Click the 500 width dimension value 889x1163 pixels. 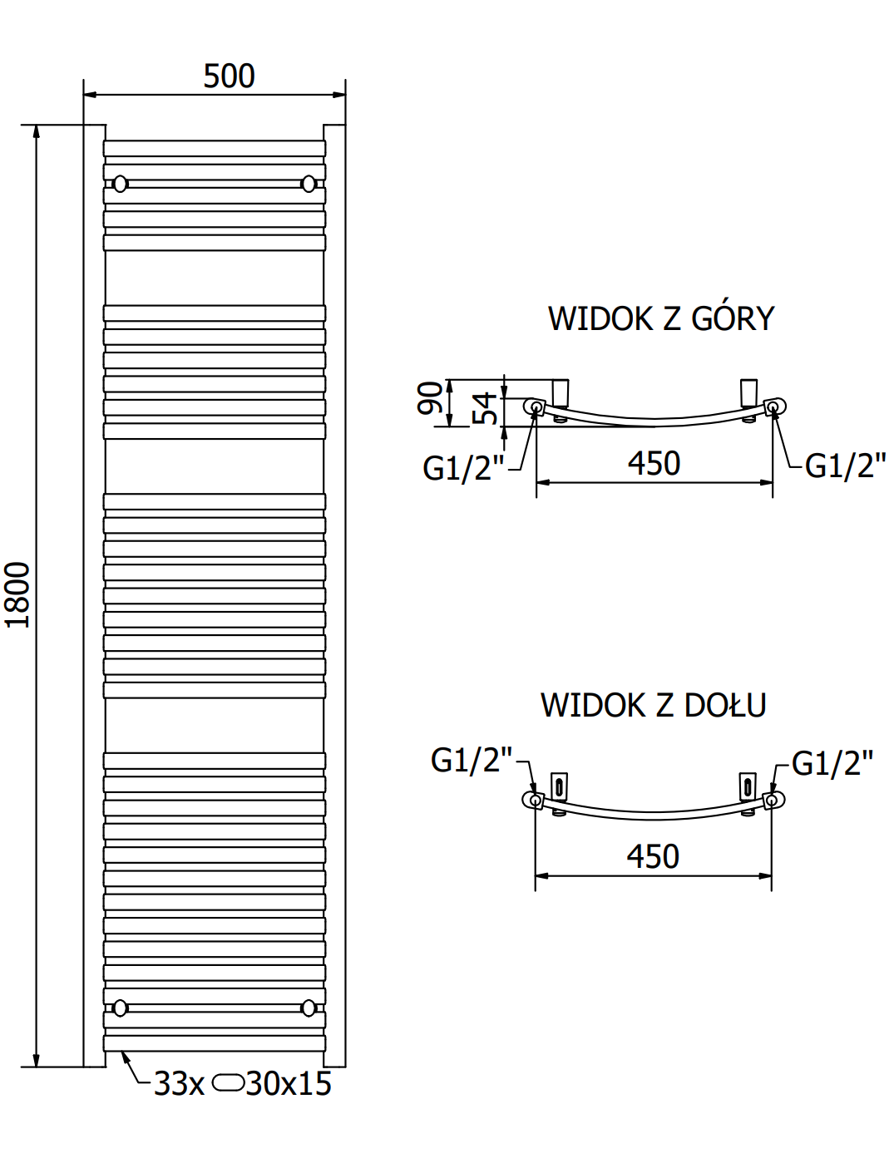click(229, 76)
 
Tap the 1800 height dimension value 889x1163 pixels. click(17, 594)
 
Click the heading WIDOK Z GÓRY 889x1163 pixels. click(660, 319)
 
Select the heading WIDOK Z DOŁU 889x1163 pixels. click(653, 706)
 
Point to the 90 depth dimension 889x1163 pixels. click(430, 398)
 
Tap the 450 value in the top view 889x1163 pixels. click(654, 464)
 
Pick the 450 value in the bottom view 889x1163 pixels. click(653, 857)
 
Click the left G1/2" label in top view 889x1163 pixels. click(462, 468)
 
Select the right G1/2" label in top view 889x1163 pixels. click(845, 466)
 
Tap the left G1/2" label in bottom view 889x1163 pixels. click(471, 760)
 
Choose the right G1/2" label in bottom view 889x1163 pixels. click(832, 763)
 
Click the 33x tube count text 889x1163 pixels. click(179, 1084)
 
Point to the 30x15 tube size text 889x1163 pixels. click(289, 1084)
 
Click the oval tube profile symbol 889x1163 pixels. click(228, 1083)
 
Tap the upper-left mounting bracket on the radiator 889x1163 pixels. click(121, 184)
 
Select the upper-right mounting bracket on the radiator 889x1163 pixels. click(309, 184)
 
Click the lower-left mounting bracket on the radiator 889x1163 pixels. click(121, 1008)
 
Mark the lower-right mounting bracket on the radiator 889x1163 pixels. click(309, 1008)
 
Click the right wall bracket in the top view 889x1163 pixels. click(748, 393)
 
